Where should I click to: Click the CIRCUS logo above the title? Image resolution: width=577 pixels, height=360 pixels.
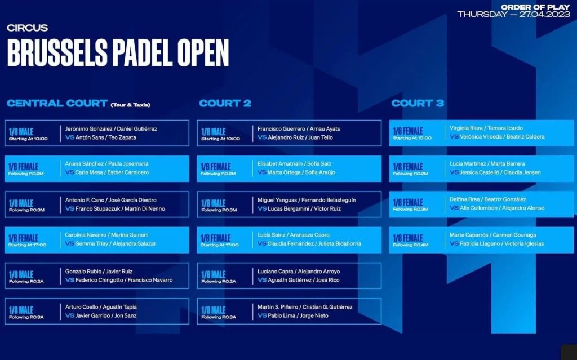[27, 28]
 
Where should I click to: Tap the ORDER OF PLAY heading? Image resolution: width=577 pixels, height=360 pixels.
[535, 7]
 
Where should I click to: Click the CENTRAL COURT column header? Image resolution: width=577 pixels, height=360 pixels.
[57, 103]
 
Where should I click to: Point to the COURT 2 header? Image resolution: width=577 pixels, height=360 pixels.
[225, 103]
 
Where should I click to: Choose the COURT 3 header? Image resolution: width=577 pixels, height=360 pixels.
[418, 103]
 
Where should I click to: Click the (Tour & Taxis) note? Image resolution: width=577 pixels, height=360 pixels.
[130, 105]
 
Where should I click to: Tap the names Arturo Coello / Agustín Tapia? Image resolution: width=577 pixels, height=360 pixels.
[101, 307]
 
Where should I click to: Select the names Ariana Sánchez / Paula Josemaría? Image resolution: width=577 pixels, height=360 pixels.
[106, 164]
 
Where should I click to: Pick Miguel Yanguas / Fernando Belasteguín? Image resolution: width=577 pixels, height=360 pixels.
[307, 200]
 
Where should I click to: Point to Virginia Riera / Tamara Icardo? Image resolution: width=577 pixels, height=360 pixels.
[486, 128]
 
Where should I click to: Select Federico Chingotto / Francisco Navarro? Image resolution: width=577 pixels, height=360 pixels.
[124, 280]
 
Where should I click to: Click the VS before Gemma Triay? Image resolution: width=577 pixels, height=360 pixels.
[70, 243]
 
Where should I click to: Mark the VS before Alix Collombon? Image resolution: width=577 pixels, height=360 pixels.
[454, 208]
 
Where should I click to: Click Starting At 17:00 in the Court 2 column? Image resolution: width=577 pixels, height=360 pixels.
[220, 245]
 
